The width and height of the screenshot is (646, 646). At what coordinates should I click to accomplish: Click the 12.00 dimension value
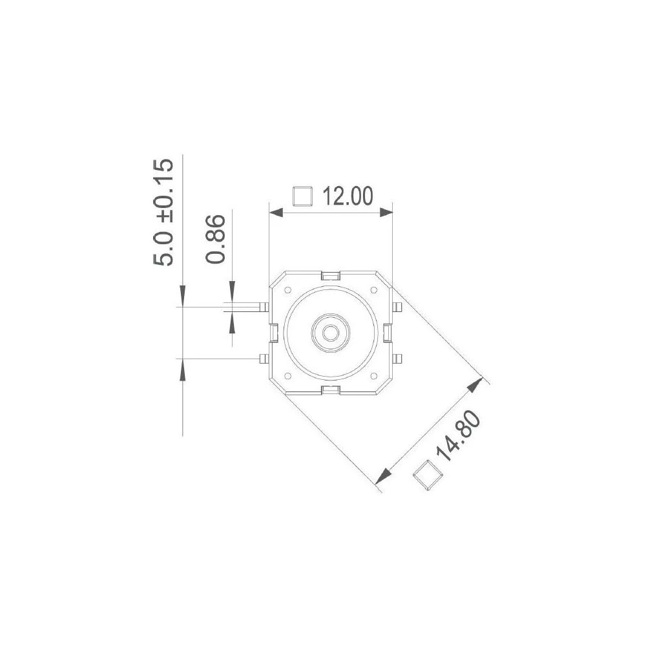tap(348, 196)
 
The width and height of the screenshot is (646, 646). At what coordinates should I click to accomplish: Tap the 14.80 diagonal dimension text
tap(459, 440)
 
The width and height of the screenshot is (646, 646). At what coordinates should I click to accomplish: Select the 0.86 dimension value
tap(216, 239)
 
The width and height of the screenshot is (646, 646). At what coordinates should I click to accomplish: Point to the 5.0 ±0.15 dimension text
tap(163, 212)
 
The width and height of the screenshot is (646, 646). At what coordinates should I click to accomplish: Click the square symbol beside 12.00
tap(302, 196)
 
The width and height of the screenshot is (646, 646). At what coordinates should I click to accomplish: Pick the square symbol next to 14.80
tap(427, 476)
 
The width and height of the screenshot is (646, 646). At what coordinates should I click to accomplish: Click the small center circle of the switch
tap(330, 333)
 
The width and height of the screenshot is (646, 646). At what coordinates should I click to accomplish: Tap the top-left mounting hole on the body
tap(287, 290)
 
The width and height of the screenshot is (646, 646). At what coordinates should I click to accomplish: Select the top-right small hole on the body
tap(373, 290)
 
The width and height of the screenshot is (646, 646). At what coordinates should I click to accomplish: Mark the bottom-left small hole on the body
tap(287, 375)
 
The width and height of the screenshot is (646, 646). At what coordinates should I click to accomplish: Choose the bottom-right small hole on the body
tap(373, 375)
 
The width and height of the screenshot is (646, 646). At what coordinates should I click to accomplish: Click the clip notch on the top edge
tap(330, 276)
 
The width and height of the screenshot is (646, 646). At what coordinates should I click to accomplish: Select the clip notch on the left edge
tap(273, 333)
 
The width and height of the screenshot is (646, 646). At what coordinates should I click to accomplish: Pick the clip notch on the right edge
tap(386, 333)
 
